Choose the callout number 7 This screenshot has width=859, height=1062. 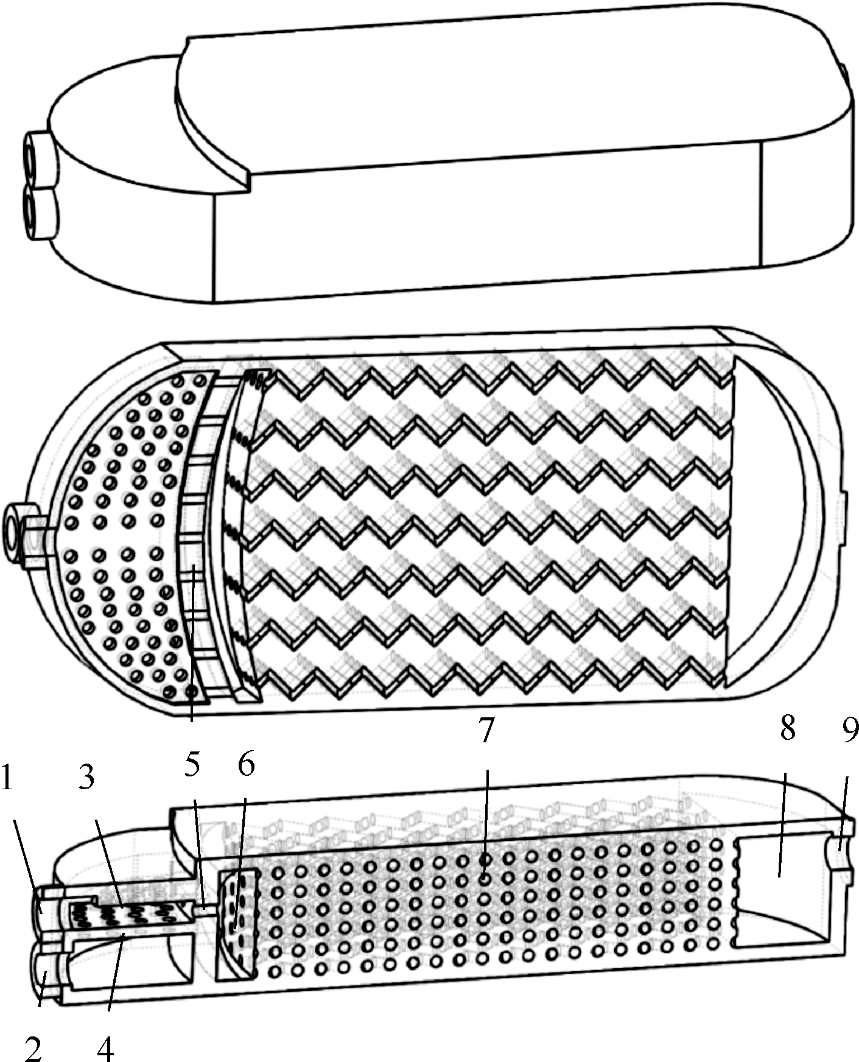pos(485,730)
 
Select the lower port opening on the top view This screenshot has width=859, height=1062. pos(30,209)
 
